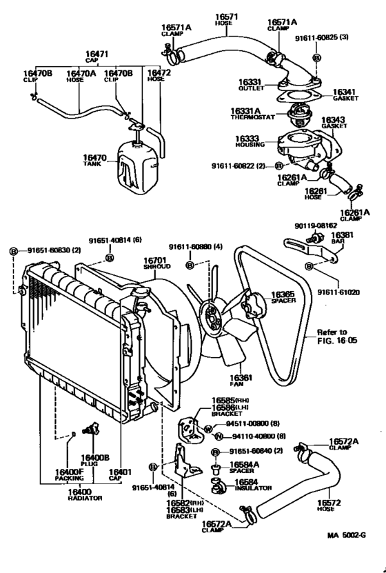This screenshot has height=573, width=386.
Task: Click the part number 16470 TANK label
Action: (x=94, y=161)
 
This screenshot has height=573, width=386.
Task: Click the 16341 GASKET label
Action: (x=345, y=95)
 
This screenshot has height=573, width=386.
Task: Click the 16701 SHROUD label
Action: (x=152, y=264)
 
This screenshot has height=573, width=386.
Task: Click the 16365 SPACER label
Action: (x=283, y=297)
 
